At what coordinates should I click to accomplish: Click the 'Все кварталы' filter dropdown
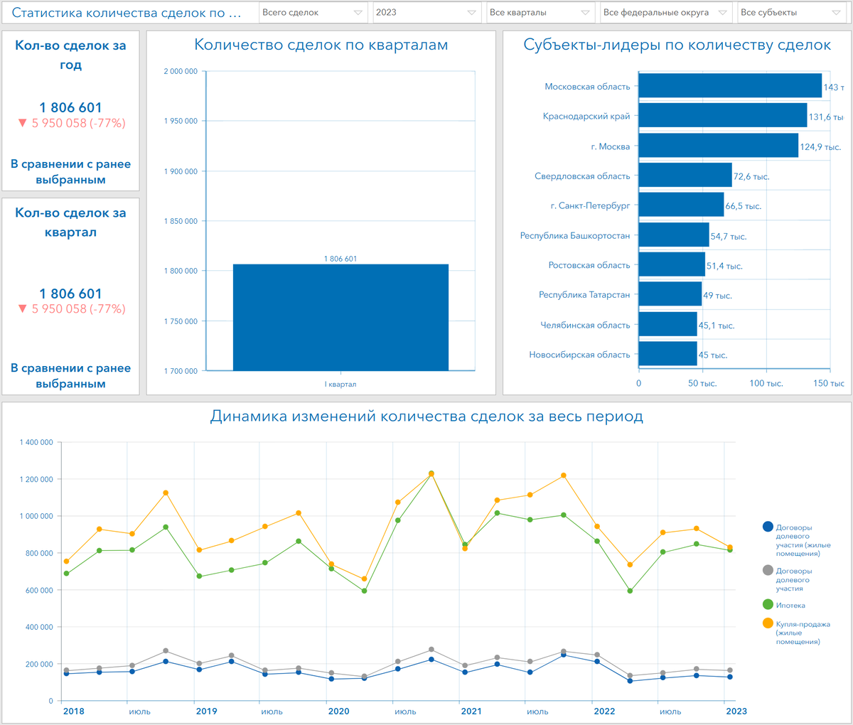point(540,13)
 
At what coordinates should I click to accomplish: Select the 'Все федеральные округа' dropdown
point(665,13)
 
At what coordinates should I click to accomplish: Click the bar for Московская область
point(730,86)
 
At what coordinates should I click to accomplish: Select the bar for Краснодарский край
point(722,116)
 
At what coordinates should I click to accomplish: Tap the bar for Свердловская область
point(685,176)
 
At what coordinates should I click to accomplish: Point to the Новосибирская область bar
point(667,354)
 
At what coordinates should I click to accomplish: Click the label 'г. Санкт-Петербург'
point(590,206)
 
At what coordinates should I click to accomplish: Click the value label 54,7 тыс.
point(729,237)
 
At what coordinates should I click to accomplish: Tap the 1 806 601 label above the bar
point(340,259)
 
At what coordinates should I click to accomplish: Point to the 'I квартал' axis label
point(340,385)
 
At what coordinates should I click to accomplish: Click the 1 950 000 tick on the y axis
point(181,122)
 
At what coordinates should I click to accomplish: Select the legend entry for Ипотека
point(790,606)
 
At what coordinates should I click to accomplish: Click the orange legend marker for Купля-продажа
point(768,623)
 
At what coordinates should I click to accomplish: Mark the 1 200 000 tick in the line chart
point(36,480)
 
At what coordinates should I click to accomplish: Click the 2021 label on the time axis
point(471,711)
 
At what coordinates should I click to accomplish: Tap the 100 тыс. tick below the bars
point(766,384)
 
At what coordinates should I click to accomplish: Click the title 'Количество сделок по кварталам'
point(321,45)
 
